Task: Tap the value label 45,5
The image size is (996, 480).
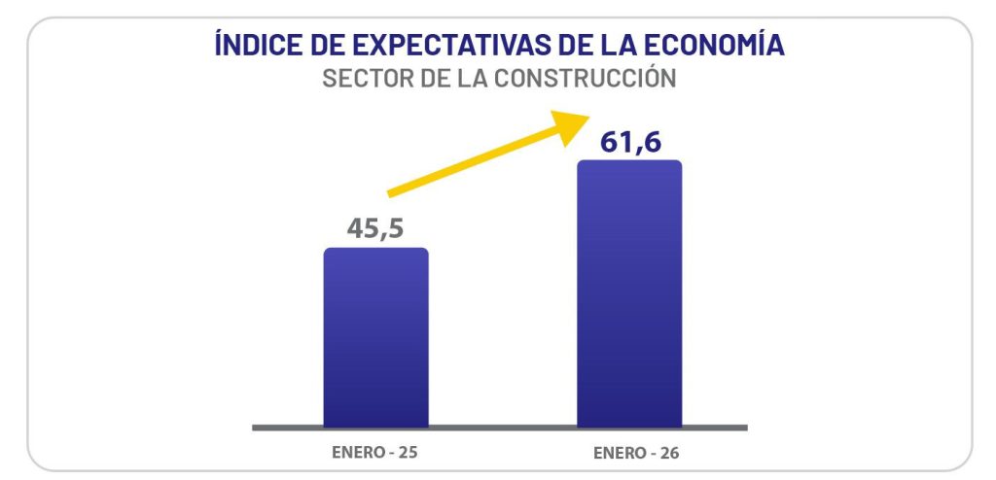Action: tap(375, 228)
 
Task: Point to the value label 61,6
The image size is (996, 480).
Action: tap(630, 141)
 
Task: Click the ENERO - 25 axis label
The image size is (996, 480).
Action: tap(374, 453)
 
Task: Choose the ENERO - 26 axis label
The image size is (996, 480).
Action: tap(629, 454)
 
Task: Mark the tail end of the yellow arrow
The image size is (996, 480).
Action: tap(391, 193)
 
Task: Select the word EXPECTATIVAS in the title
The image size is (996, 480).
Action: tap(444, 46)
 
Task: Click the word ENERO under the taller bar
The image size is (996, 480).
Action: tap(617, 454)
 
